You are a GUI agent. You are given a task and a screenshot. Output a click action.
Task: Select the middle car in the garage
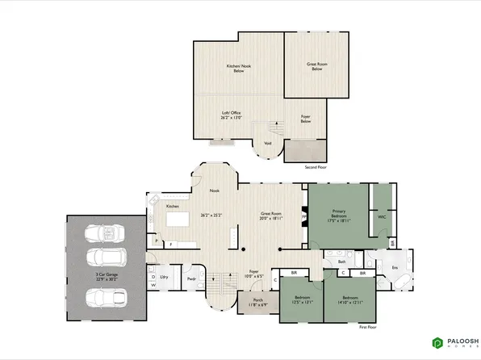pos(107,258)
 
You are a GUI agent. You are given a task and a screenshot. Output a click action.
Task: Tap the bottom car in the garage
pos(107,295)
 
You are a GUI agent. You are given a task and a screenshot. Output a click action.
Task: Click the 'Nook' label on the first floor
pos(215,190)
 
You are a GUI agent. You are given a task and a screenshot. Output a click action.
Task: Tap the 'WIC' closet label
pos(381,216)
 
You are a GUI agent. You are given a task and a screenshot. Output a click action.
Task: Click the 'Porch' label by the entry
pos(256,300)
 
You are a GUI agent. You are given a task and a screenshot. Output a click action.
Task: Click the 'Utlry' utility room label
pos(163,277)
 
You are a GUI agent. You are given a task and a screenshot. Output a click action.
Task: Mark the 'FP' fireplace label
pos(303,216)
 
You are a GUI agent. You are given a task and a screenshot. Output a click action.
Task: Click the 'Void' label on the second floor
pos(267,144)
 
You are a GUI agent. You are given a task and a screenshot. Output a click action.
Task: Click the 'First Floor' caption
pos(368,329)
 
